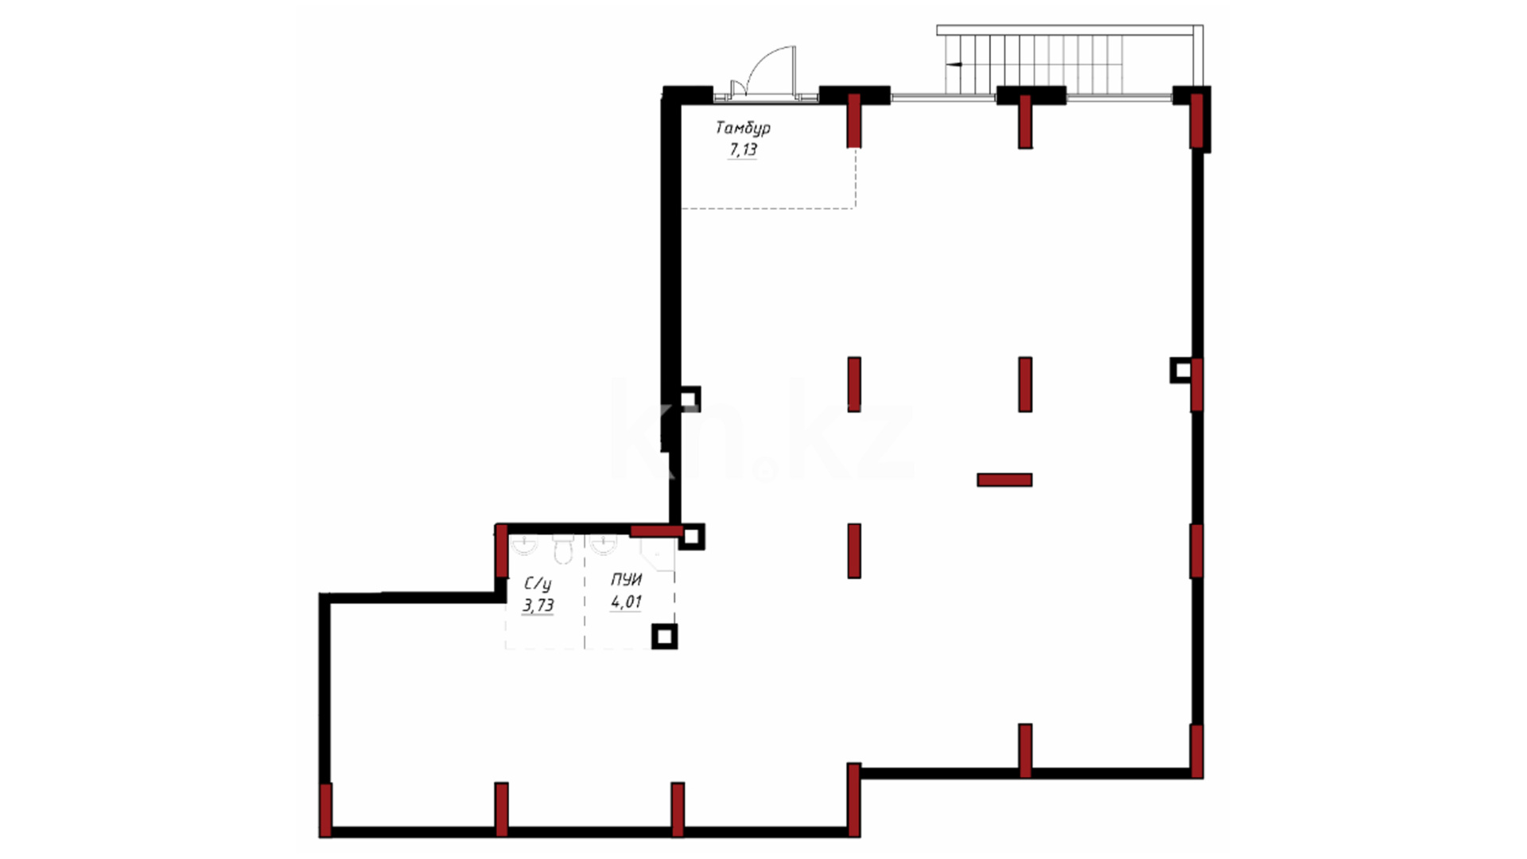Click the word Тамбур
click(743, 127)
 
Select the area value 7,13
click(743, 150)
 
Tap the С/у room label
click(538, 585)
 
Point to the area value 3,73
click(538, 605)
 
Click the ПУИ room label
click(626, 580)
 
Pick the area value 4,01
click(626, 602)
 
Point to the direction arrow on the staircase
click(954, 64)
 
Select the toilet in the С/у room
click(563, 549)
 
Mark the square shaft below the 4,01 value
click(664, 636)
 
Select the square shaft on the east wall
click(1182, 370)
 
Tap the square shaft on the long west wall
click(689, 398)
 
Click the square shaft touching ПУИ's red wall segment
click(691, 537)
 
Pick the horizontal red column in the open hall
click(1004, 480)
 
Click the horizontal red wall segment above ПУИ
click(657, 531)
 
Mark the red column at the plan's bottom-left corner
click(325, 810)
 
